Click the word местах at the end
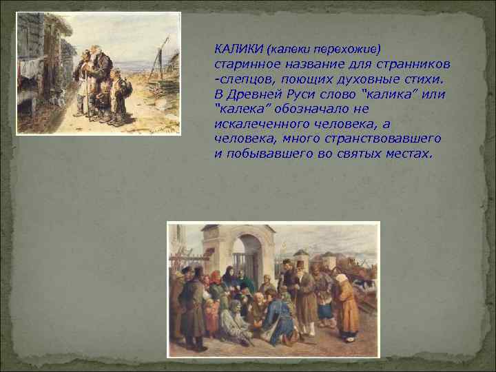[407, 153]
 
